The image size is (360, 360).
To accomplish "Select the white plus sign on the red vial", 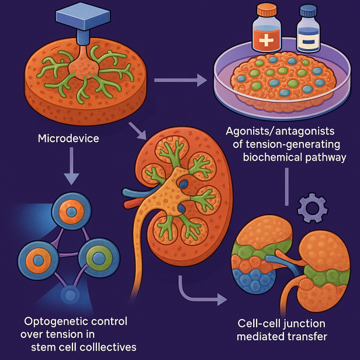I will point(266,39).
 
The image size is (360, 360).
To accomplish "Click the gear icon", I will point(313,208).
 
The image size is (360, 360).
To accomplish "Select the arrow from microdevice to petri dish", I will point(180,81).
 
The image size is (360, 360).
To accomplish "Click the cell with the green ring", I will point(98,258).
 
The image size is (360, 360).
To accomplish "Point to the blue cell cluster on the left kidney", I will point(249,277).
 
